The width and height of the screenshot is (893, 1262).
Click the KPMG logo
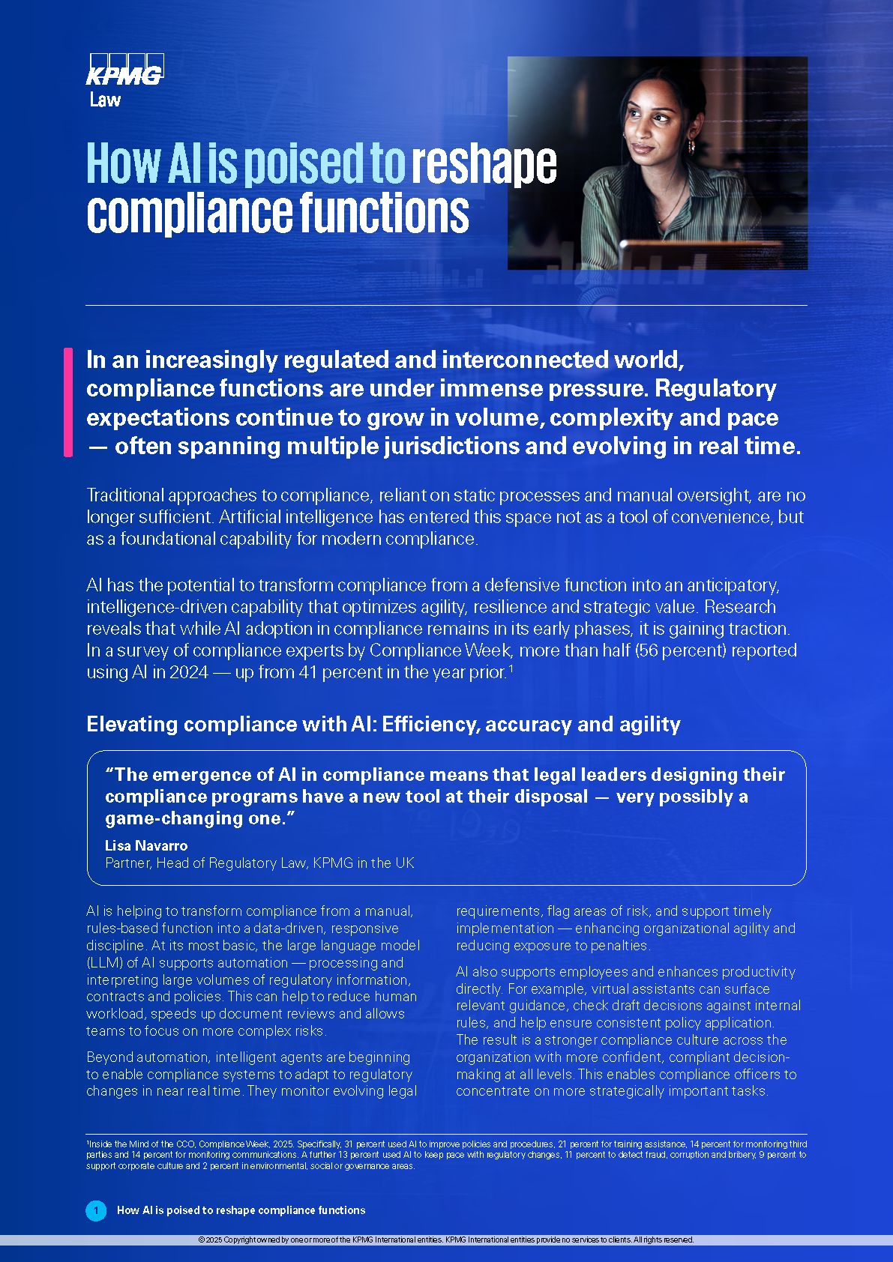point(125,70)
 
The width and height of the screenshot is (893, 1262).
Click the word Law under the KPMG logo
point(105,100)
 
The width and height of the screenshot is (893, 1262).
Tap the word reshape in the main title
point(484,164)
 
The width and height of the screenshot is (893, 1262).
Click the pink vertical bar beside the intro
point(69,402)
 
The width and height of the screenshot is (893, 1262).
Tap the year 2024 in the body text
point(189,671)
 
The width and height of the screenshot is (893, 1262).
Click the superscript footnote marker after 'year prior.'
point(511,667)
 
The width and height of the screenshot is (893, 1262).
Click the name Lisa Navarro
point(146,845)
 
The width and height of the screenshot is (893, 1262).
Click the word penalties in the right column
point(616,945)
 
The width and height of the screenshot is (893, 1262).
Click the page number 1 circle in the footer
point(96,1210)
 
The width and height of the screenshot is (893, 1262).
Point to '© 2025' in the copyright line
point(211,1240)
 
